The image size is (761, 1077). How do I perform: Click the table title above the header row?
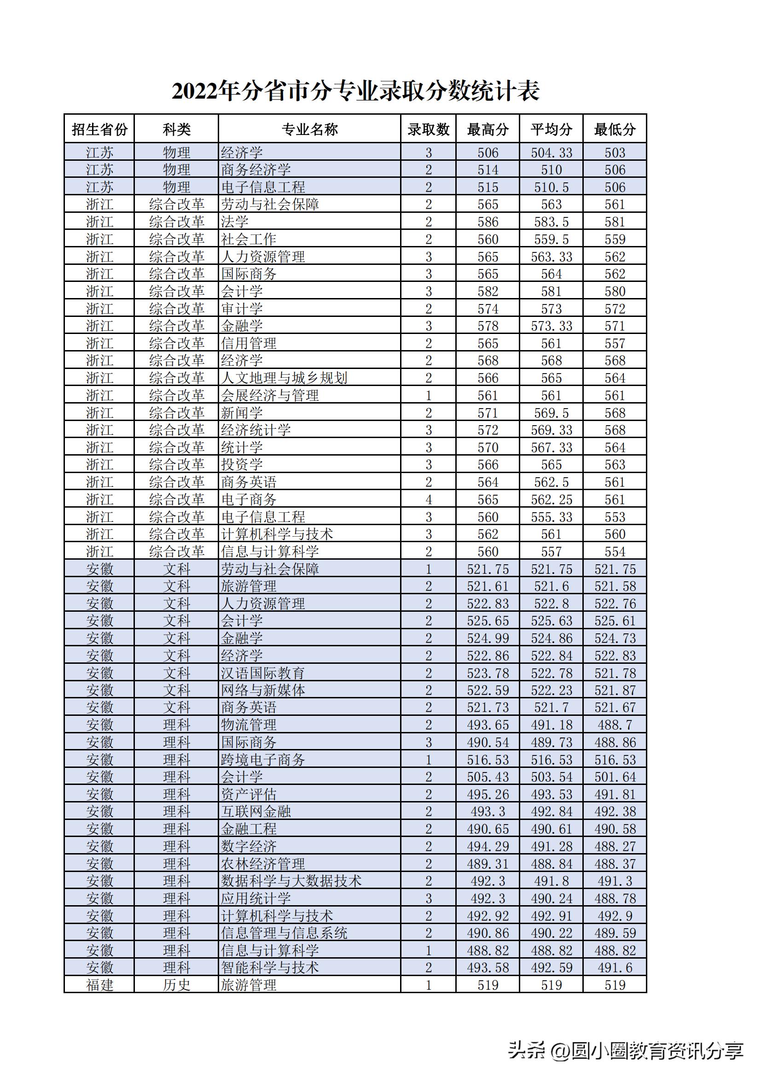coord(355,91)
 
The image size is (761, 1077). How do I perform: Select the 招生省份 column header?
coord(99,129)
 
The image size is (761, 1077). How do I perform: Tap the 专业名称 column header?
coord(309,129)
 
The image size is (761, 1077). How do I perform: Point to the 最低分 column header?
coord(615,129)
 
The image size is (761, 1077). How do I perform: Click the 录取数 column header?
coord(428,129)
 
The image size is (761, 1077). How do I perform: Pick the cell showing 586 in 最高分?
coord(488,222)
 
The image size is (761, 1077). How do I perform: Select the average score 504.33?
coord(552,153)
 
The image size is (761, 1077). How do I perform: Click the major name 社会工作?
coord(249,239)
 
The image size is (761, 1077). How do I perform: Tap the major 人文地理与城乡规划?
coord(284,378)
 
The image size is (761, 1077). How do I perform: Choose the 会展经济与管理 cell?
coord(270,395)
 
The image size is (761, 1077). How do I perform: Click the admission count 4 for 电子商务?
coord(428,499)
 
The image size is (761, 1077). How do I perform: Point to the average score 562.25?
coord(552,499)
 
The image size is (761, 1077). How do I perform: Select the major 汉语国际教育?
coord(263,673)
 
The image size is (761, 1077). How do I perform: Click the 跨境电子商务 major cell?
coord(263,760)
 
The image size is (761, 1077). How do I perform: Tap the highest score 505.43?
coord(488,777)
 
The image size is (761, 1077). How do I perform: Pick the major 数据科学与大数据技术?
coord(291,881)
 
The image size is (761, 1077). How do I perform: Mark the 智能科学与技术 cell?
coord(270,968)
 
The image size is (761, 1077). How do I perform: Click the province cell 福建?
coord(99,985)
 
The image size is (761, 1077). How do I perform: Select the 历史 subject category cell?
coord(176,985)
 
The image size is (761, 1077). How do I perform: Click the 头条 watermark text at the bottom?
coord(527,1050)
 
